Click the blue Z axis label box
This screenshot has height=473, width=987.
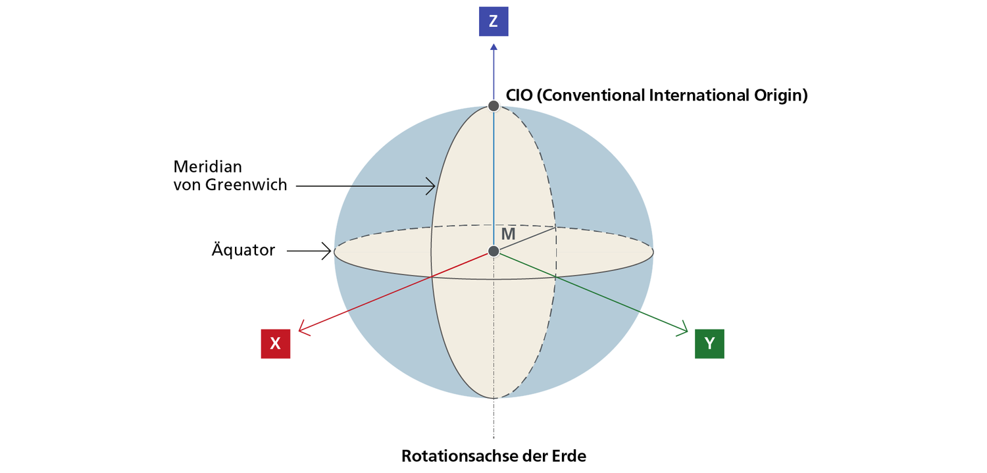coord(493,21)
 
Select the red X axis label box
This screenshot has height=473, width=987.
coord(276,343)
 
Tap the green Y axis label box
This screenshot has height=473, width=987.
coord(709,343)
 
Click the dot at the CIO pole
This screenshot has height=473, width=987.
coord(493,105)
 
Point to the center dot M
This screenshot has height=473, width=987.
coord(493,251)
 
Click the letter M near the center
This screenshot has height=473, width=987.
coord(508,234)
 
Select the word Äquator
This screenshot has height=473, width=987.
coord(243,250)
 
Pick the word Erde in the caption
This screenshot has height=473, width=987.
coord(567,455)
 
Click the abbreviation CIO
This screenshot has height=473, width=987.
coord(519,95)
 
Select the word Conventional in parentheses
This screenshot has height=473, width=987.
coord(592,95)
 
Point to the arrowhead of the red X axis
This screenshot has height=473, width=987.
coord(301,328)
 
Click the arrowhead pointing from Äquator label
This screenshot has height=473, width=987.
coord(327,251)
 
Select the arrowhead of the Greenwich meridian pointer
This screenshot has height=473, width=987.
coord(432,187)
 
